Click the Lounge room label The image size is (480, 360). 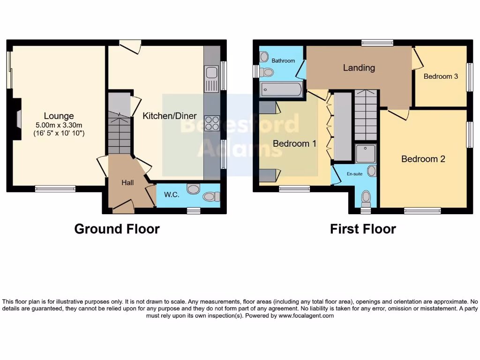pos(59,116)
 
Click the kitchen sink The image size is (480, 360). pos(211,73)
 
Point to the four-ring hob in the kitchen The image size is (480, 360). pos(212,123)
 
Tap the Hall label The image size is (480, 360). pos(127,183)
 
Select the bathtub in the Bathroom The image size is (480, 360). pos(281,89)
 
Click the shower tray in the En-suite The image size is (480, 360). pos(365,153)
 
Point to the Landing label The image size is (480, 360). pos(359,67)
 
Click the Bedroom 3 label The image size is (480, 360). pos(441,76)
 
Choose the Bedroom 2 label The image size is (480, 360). pos(423,159)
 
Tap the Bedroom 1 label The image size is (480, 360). pos(294,143)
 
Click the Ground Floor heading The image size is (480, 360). pos(117,229)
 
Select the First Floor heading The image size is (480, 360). pos(363,229)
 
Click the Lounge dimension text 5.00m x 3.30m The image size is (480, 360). pos(59,125)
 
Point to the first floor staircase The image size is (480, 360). pos(366,115)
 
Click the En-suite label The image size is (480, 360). pos(354,173)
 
